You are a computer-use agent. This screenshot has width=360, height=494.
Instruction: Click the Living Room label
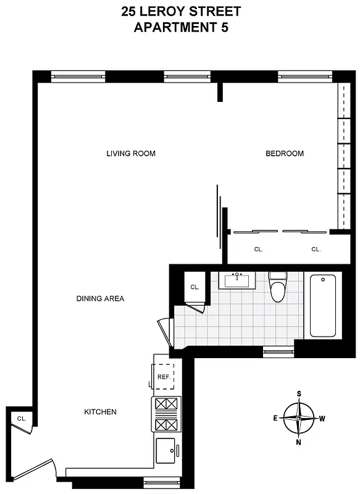tap(130, 154)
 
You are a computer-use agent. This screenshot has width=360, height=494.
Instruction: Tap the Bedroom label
tap(285, 154)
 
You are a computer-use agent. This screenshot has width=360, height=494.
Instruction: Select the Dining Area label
tap(100, 299)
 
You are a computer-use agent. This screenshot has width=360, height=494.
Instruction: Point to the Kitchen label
tap(100, 412)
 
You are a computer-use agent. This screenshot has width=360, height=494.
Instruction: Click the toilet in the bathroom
tap(278, 287)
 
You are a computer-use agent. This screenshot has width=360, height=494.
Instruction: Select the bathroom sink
tap(237, 281)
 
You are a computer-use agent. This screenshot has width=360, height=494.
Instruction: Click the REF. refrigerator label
tap(164, 377)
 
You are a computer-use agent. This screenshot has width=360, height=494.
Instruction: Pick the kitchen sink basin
tap(165, 451)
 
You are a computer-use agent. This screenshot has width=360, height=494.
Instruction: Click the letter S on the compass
tap(299, 393)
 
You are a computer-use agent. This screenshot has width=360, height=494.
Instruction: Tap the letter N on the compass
tap(299, 442)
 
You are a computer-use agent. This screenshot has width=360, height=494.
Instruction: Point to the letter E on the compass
tap(275, 418)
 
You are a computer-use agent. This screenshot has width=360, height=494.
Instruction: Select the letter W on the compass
tap(322, 418)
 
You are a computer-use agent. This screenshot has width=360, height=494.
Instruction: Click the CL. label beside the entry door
tap(21, 419)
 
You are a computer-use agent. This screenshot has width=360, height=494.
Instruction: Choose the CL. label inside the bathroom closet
tap(195, 287)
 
